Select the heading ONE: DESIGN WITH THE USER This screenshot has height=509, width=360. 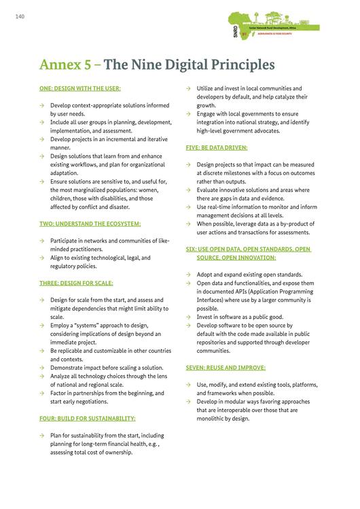(80, 88)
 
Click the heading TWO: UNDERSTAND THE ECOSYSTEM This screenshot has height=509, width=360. (90, 223)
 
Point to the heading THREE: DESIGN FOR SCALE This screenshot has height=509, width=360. (76, 282)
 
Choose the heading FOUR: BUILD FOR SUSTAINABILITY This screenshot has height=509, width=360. (88, 418)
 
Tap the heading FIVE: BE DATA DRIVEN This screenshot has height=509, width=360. (217, 147)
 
